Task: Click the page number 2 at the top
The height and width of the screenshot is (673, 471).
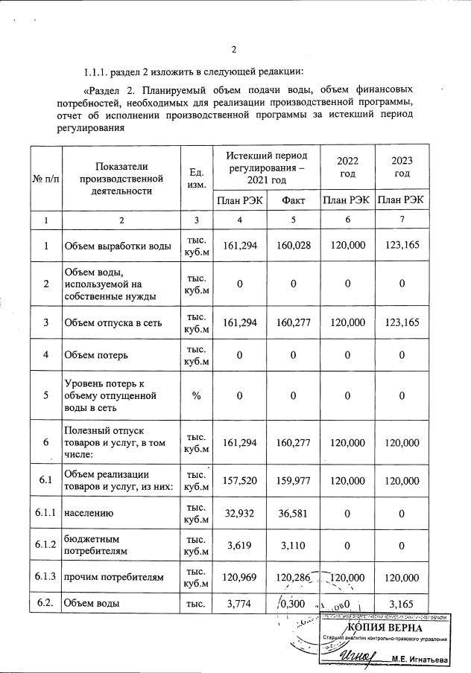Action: tap(233, 51)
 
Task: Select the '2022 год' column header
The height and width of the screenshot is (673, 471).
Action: tap(347, 168)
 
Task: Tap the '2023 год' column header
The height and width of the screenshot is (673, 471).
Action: tap(402, 168)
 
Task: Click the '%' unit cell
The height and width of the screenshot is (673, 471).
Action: tap(196, 395)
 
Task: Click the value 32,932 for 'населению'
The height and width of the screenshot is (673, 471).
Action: tap(239, 513)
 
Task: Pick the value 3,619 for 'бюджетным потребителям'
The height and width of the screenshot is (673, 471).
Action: tap(239, 544)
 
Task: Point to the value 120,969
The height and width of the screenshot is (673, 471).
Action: tap(239, 577)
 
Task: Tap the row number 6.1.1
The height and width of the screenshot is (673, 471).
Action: tap(46, 513)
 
